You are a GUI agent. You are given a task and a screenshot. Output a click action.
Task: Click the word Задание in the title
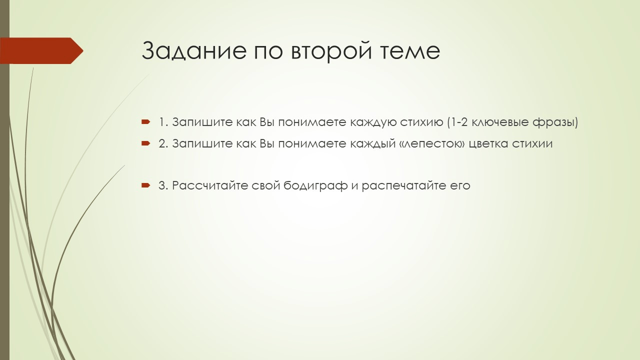(194, 50)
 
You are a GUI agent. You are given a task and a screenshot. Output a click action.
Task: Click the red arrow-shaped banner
(41, 50)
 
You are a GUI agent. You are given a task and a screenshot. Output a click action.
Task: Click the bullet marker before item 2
(145, 143)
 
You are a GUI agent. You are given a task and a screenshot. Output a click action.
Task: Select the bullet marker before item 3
(145, 185)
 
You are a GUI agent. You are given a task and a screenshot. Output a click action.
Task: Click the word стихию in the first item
(421, 122)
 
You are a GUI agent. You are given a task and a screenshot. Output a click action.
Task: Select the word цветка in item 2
(489, 143)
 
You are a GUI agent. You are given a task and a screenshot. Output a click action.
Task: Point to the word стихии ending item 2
(532, 143)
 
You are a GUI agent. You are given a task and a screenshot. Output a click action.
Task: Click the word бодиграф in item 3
(315, 185)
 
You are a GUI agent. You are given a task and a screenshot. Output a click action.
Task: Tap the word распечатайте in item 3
(415, 185)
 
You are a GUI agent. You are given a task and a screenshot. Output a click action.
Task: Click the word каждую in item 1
(373, 122)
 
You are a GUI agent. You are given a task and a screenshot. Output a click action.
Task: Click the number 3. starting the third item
(163, 185)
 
